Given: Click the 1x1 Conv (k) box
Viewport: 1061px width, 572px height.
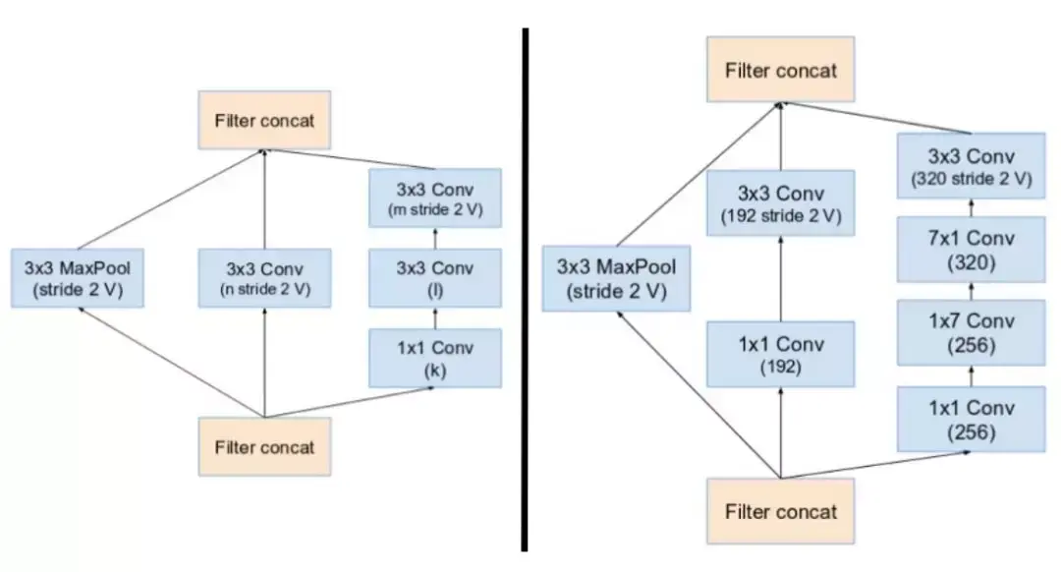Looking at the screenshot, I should [x=435, y=358].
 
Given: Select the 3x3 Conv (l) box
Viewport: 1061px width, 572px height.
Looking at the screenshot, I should [x=435, y=278].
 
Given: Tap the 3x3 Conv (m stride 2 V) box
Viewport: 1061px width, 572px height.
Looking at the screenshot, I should [x=435, y=198].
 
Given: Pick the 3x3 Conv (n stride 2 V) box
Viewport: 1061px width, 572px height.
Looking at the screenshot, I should [x=263, y=278].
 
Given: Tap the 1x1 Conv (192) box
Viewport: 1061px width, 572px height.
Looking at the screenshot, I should [x=781, y=355].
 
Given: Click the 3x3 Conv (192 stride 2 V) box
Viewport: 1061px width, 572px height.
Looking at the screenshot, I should [x=781, y=204].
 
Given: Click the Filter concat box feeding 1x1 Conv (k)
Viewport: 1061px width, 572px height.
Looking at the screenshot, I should [x=263, y=447].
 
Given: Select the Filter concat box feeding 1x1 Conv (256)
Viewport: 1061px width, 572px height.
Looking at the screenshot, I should [x=781, y=511].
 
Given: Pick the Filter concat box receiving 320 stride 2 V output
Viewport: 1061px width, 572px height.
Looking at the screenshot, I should [x=781, y=70].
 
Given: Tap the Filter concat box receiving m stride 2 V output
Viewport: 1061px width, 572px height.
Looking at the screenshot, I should [x=263, y=121].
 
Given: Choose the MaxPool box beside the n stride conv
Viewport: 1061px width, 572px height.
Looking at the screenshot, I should [x=77, y=278].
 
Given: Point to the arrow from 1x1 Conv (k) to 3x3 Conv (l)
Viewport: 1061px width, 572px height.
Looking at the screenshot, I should [x=435, y=318].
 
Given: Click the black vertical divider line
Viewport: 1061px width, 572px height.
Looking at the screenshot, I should [x=525, y=295].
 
